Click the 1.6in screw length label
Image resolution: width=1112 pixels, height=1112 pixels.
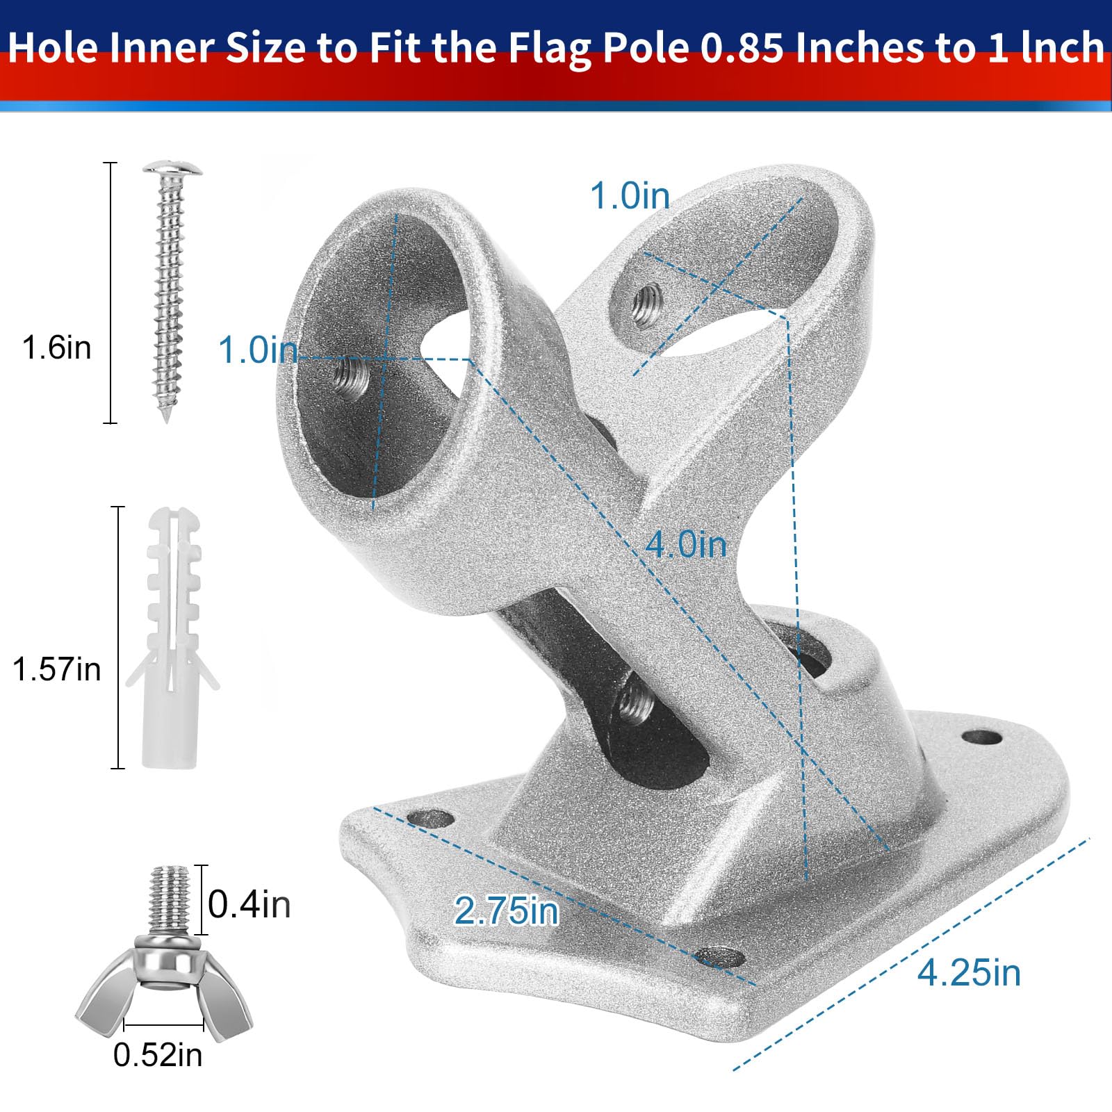57,347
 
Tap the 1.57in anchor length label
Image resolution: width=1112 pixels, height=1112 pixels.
57,669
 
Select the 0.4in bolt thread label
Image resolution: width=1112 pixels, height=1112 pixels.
250,905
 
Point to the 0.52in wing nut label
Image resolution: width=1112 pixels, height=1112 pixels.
158,1055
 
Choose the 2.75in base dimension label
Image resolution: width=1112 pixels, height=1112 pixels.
507,910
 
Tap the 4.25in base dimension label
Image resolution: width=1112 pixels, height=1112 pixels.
970,972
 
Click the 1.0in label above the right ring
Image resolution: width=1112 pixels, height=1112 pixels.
630,195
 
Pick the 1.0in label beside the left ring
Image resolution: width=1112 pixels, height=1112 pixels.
259,350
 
